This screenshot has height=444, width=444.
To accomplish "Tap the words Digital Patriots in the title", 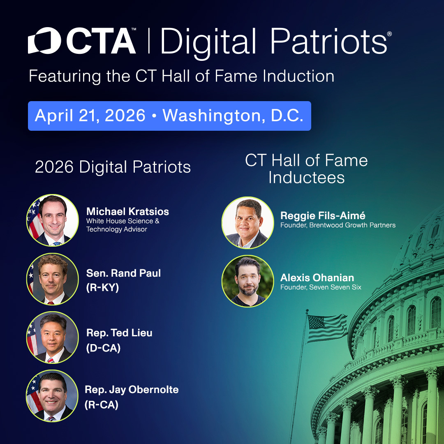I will point(273,41).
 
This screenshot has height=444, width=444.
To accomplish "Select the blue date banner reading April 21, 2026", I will point(169,116).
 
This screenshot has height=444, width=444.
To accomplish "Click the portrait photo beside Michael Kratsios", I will point(53,220).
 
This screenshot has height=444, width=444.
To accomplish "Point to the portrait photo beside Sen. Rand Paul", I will point(53,279).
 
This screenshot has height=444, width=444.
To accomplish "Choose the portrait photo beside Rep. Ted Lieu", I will point(53,338).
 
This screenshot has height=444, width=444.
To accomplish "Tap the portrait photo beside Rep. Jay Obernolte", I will point(52,395).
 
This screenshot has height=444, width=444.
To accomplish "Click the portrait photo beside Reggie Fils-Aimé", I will point(247,222).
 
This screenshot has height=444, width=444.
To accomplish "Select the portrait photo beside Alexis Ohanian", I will point(247,281).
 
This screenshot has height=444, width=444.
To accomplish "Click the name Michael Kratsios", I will point(127,212).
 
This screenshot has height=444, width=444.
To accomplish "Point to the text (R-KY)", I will point(102,288).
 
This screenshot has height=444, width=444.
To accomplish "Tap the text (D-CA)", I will point(103,348).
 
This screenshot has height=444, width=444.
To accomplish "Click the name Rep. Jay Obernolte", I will point(132,390).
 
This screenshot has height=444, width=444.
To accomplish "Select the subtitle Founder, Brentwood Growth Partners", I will point(338,225).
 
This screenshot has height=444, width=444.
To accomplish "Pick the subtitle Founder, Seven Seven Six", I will point(321,287).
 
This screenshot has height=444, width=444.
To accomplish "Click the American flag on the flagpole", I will point(327,327).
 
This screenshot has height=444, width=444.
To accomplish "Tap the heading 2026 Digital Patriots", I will point(113,167).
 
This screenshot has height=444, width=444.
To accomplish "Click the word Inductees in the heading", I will point(306,177).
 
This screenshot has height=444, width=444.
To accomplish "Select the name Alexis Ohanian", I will point(317,277).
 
